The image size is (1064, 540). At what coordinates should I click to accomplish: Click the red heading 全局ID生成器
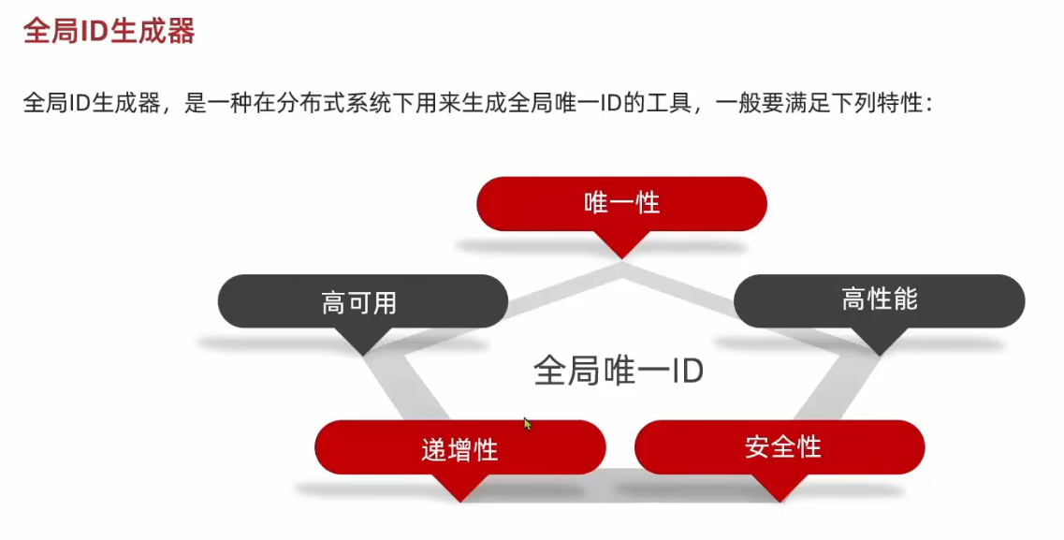coord(109,31)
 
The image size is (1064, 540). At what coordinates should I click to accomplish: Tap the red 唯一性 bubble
coord(621,202)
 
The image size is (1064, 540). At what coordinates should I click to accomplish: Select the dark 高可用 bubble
coord(362,301)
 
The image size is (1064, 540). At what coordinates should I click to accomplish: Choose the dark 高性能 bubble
coord(879,299)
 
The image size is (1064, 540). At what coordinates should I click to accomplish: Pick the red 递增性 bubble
coord(459,448)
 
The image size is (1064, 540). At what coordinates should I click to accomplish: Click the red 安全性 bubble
coord(780,446)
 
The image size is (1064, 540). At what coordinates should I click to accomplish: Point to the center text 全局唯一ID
coord(619,371)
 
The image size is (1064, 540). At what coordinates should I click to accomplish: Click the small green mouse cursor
coord(527,423)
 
